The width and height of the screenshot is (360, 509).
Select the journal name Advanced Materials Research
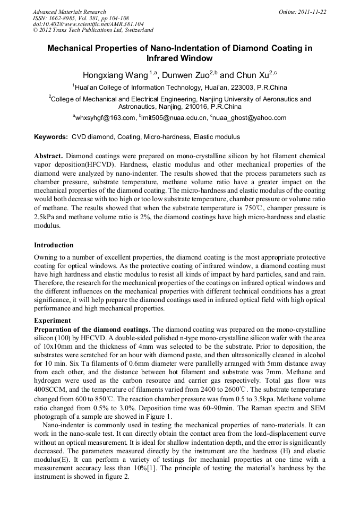click(x=69, y=12)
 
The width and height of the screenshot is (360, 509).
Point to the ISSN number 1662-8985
click(x=64, y=18)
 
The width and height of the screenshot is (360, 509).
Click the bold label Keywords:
click(x=51, y=137)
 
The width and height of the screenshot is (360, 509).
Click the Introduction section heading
click(x=54, y=245)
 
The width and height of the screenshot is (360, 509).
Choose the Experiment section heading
click(x=52, y=321)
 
